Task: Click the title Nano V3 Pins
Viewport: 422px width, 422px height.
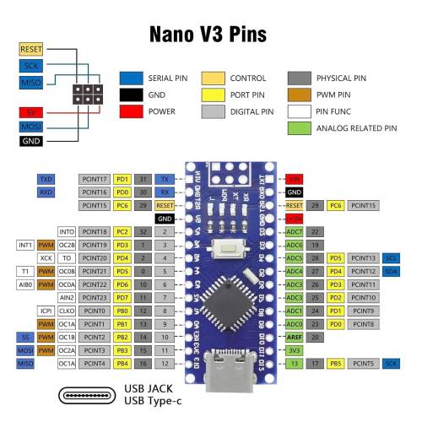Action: [x=208, y=35]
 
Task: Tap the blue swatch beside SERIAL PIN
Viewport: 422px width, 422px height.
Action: [x=131, y=78]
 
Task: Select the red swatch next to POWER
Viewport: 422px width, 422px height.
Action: [x=131, y=111]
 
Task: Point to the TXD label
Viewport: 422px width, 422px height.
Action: [x=46, y=180]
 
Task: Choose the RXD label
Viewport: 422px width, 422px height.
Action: [x=46, y=192]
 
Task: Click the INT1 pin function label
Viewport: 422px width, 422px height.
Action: [x=25, y=245]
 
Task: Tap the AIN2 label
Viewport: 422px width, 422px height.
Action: [x=68, y=297]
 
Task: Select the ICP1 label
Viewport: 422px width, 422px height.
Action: [x=68, y=310]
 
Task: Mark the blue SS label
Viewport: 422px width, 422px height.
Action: [x=25, y=336]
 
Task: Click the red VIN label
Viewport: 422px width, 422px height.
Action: [x=294, y=180]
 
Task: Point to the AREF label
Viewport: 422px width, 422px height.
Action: [x=294, y=336]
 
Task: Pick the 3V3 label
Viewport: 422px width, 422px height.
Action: [x=294, y=349]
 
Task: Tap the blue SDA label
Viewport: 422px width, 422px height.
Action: [x=391, y=271]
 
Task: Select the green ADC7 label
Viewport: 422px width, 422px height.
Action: [x=294, y=231]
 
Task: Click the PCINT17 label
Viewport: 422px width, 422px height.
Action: [x=94, y=180]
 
